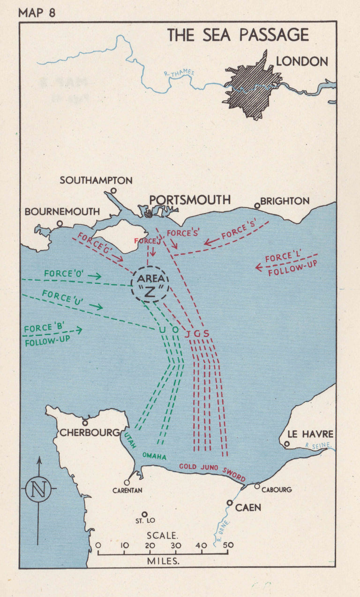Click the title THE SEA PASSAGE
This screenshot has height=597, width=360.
click(238, 36)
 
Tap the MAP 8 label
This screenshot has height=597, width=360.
click(37, 12)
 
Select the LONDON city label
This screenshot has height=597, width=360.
click(302, 61)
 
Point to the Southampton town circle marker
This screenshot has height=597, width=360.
click(113, 191)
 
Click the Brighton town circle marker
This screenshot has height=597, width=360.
click(257, 206)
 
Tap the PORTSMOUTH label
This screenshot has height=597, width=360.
click(190, 200)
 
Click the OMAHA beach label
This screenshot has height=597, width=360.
click(155, 456)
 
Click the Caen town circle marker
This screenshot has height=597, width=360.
click(229, 503)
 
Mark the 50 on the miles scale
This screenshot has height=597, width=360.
click(228, 545)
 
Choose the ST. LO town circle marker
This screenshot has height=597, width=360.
click(144, 514)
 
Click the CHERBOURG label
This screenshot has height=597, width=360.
click(90, 432)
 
